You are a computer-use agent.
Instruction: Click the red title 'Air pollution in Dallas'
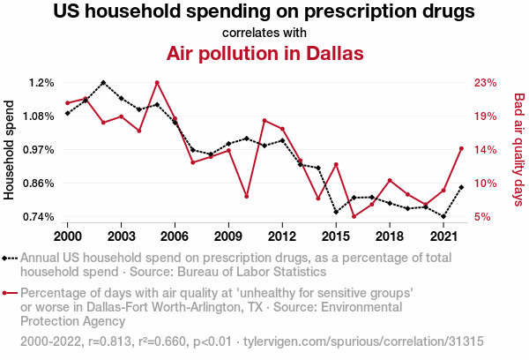[x=264, y=53]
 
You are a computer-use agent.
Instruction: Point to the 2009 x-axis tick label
[x=228, y=236]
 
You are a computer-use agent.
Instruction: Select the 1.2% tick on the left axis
[x=41, y=83]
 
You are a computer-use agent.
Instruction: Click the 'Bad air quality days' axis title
[x=519, y=150]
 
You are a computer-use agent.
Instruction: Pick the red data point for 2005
[x=157, y=83]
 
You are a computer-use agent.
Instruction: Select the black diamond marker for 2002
[x=103, y=83]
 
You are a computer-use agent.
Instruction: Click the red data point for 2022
[x=461, y=148]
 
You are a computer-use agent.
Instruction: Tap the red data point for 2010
[x=247, y=196]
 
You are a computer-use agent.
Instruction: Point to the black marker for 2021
[x=443, y=216]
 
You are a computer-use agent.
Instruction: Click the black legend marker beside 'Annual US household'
[x=9, y=259]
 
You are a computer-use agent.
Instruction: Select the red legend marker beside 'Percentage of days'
[x=9, y=292]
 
